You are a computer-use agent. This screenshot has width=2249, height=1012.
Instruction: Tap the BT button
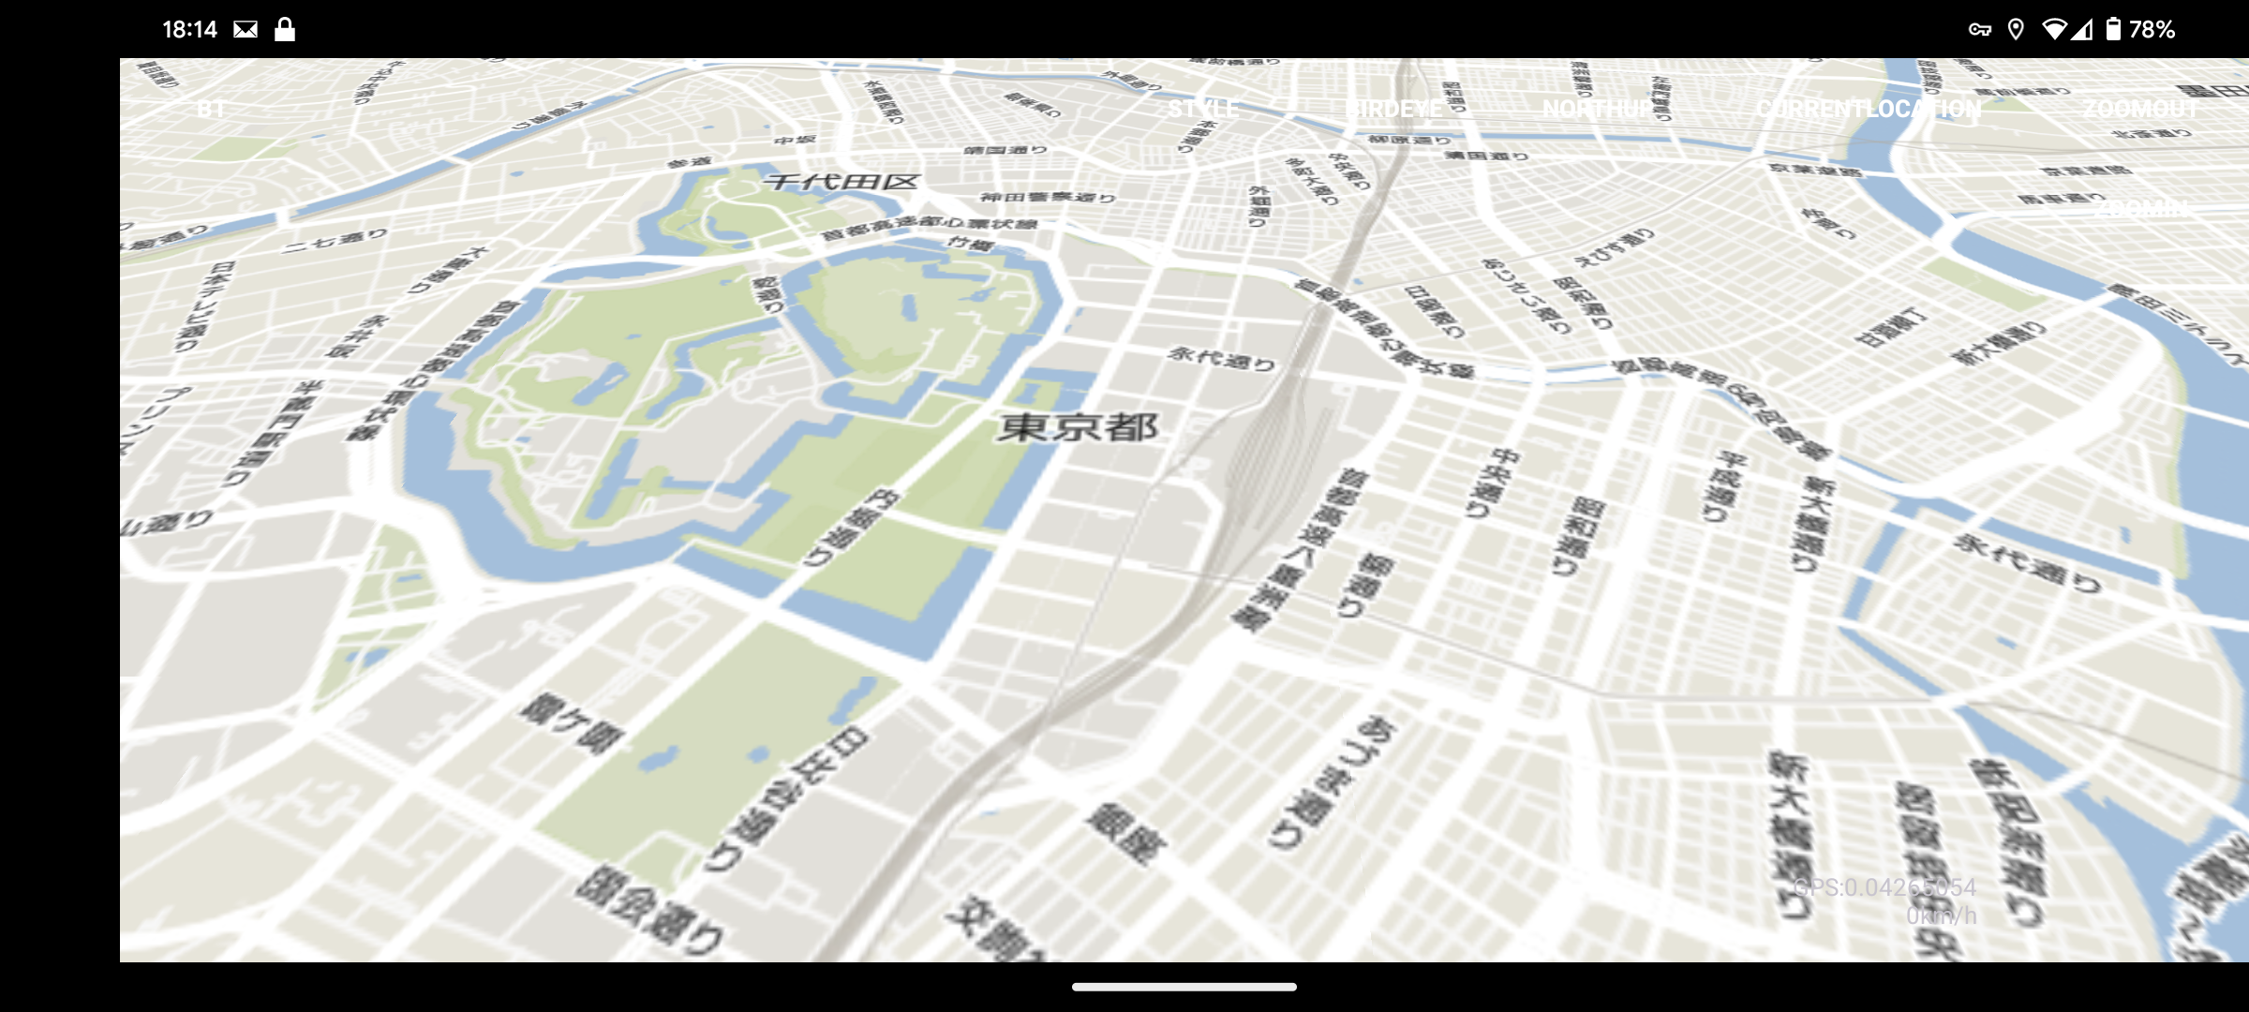211,110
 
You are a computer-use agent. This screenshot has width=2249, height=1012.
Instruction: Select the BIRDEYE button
1395,110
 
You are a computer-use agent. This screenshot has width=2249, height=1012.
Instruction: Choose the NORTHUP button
1598,110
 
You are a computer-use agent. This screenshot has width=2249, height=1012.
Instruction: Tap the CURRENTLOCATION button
1869,110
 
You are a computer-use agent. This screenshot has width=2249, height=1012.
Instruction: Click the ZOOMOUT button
2140,110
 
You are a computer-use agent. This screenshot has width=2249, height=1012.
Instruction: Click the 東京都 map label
1078,427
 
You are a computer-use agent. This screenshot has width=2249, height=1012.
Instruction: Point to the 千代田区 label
842,182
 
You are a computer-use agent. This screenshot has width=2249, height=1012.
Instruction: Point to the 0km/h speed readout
1941,915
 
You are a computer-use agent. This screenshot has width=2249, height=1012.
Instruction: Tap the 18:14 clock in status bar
189,30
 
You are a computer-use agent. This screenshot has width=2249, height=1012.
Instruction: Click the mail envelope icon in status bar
246,30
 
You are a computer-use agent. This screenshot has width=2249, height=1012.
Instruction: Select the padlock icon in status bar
285,30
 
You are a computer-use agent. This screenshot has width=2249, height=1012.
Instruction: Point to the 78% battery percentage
2152,30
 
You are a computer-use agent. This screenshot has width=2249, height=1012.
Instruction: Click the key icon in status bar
1979,30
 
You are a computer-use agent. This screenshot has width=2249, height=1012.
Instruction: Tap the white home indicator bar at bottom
1184,987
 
